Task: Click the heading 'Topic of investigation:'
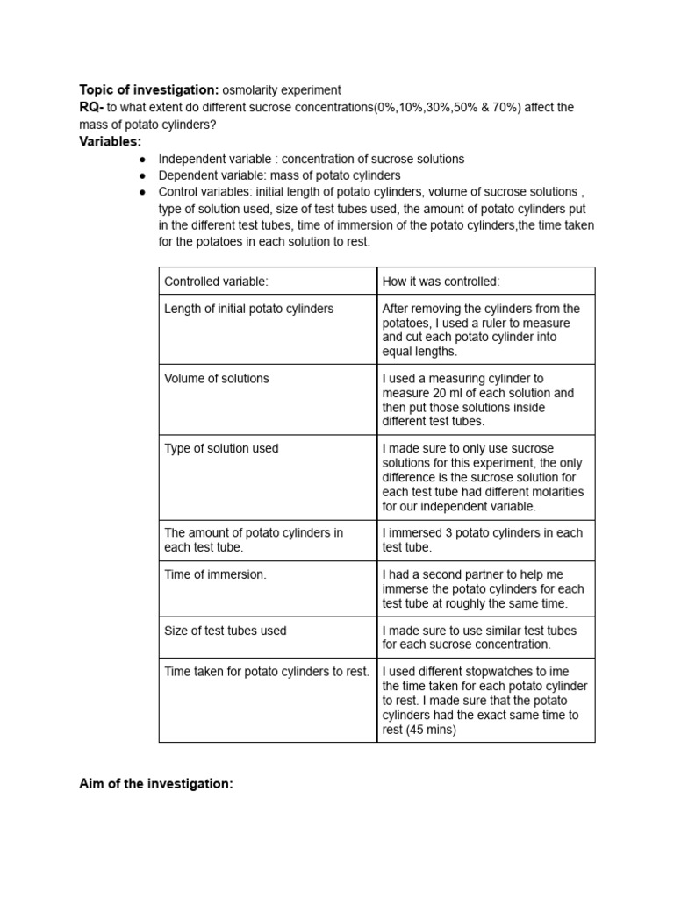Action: [x=149, y=90]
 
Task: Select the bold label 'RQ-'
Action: [x=91, y=107]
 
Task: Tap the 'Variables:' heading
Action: [x=111, y=141]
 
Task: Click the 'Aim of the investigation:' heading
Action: [x=156, y=784]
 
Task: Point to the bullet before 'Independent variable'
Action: [x=142, y=160]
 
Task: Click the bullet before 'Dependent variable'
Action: [x=142, y=176]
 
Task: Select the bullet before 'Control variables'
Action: [x=142, y=192]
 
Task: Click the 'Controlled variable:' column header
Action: [x=216, y=282]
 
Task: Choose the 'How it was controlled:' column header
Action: [x=441, y=282]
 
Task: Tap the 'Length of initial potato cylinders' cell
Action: [x=248, y=309]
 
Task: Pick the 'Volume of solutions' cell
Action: [x=217, y=379]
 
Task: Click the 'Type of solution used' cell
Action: [x=221, y=449]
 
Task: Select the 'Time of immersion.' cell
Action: [x=215, y=574]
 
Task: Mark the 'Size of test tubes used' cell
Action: [x=226, y=631]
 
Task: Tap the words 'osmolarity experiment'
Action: [x=282, y=90]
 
